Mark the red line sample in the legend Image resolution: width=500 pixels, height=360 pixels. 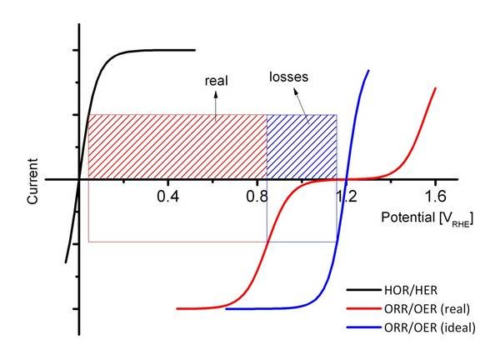pyautogui.click(x=362, y=310)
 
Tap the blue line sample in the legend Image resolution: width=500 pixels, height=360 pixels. pyautogui.click(x=362, y=328)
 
